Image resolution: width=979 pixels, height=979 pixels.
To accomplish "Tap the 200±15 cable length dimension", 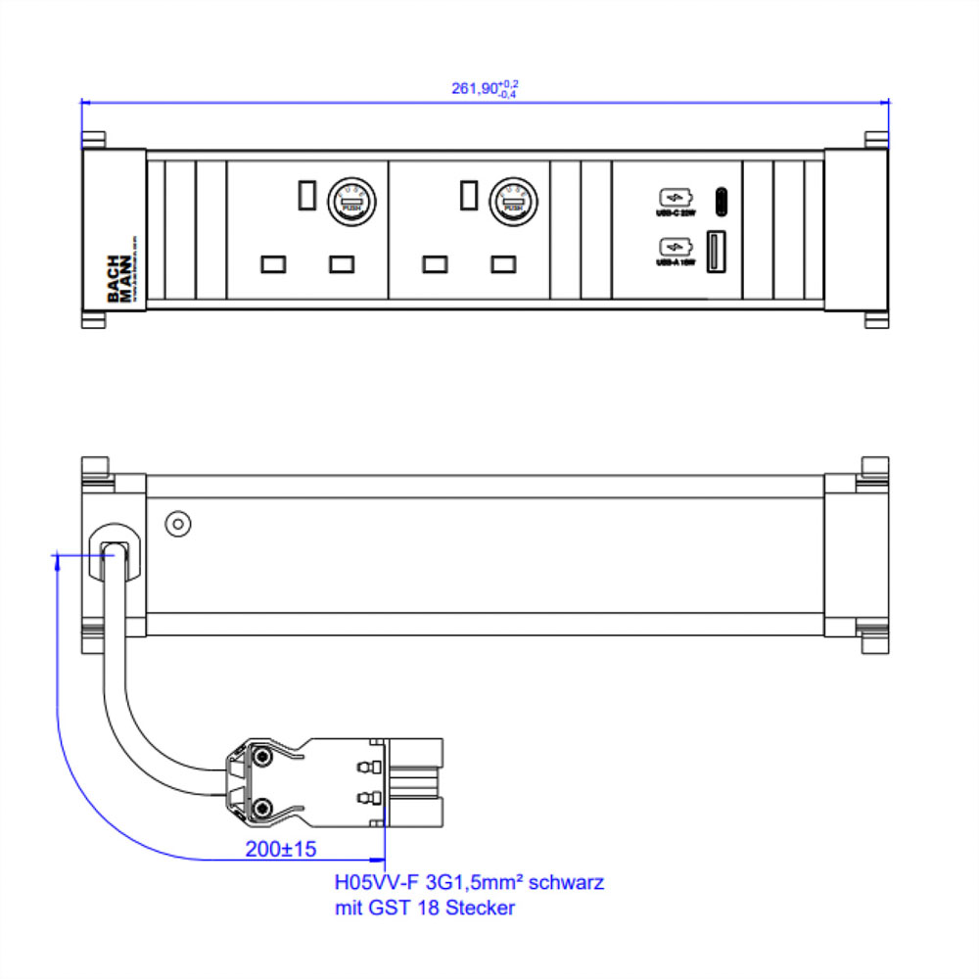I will [x=280, y=848].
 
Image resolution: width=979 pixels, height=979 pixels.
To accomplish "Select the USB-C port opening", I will [x=723, y=200].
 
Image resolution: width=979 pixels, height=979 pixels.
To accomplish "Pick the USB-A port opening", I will [x=714, y=251].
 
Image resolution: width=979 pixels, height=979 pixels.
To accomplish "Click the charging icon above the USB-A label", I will [x=676, y=247].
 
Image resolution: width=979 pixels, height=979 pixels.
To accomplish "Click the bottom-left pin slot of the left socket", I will [x=272, y=263].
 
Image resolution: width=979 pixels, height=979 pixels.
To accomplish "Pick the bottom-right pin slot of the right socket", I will [x=504, y=263].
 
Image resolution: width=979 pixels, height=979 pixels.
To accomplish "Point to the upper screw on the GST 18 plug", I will [x=263, y=757].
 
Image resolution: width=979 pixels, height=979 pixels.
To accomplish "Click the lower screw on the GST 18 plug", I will [x=263, y=808].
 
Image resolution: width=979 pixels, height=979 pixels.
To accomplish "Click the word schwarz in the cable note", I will [x=569, y=882].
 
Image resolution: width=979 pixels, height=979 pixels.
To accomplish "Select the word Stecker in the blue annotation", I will [x=480, y=909].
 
